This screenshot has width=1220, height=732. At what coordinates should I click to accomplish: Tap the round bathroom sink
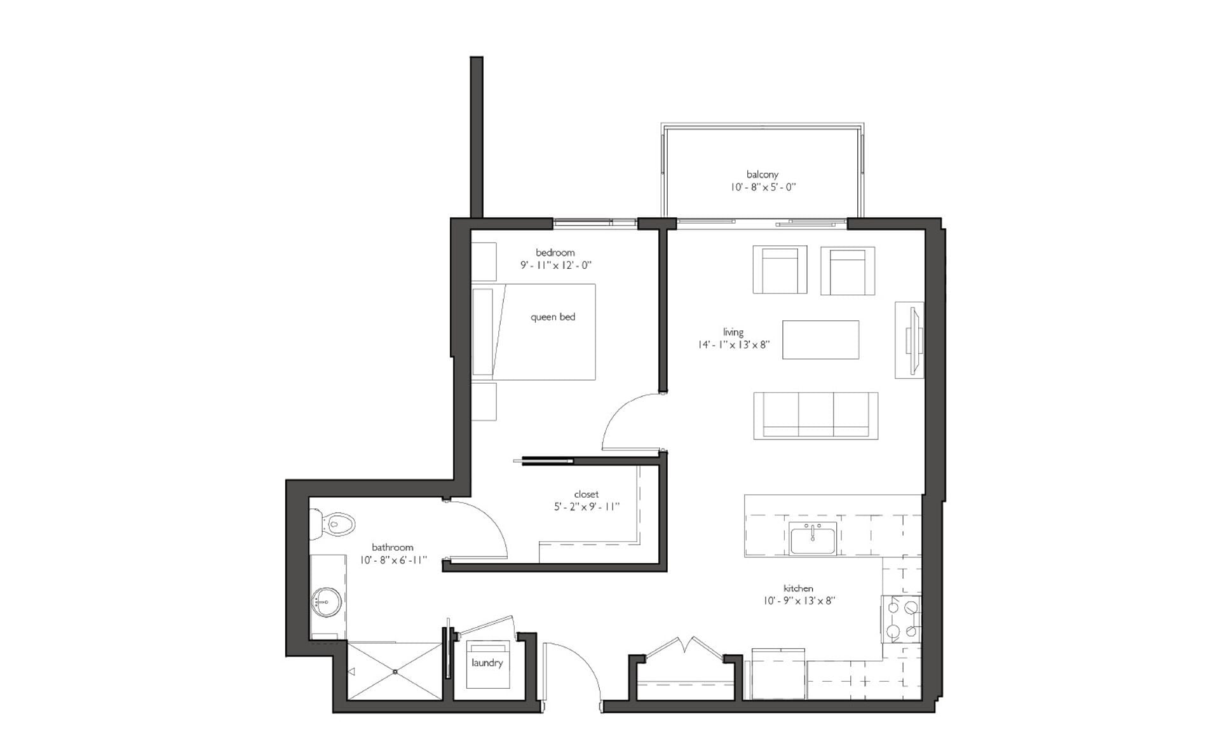[327, 600]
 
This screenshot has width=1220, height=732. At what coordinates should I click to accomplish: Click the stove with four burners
[902, 619]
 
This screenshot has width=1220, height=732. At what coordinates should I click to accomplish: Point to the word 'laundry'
[487, 663]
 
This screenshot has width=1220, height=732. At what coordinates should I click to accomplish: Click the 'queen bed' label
[553, 316]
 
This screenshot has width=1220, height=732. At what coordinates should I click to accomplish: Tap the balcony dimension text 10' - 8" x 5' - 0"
[763, 187]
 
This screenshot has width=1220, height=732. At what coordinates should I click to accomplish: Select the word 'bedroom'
[555, 252]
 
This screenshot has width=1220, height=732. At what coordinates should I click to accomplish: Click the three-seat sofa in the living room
[816, 416]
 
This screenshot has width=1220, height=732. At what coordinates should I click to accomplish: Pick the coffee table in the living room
[820, 339]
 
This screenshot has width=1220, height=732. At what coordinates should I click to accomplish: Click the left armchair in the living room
[780, 270]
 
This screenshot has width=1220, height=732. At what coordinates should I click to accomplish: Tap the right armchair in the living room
[848, 270]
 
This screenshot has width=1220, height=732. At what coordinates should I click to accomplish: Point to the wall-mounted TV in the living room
[912, 340]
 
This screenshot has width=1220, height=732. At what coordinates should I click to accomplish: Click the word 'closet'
[586, 494]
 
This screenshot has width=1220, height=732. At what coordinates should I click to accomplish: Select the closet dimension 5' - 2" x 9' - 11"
[586, 506]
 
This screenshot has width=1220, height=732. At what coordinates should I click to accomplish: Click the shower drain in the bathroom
[395, 672]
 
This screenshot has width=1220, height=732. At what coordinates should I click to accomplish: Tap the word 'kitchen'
[798, 588]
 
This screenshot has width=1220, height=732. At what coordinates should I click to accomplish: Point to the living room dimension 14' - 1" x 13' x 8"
[733, 344]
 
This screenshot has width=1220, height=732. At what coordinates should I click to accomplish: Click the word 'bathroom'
[392, 547]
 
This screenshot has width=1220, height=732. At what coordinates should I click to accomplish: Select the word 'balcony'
[762, 174]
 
